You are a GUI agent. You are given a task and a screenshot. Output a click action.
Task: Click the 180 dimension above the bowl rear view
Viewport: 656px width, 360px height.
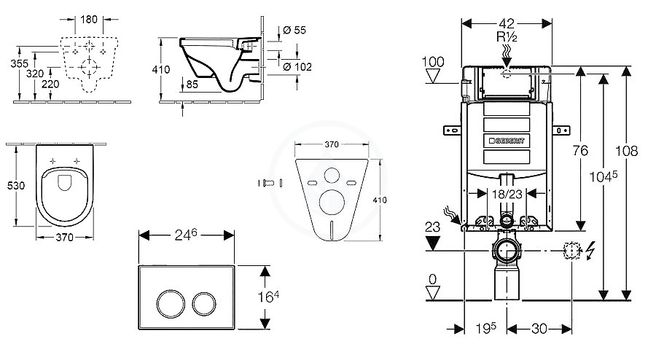89,19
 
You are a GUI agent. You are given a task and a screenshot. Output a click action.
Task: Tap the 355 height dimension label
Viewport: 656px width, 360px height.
19,63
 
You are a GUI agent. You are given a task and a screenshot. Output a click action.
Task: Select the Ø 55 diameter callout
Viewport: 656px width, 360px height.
294,30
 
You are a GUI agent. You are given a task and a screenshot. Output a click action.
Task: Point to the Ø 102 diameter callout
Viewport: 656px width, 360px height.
297,66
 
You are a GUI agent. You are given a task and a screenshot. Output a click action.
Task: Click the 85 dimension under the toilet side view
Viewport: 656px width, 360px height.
192,85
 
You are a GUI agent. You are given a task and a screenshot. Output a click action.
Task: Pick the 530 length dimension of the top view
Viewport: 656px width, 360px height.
16,185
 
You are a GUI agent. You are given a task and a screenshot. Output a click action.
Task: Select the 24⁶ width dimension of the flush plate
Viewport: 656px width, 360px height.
186,235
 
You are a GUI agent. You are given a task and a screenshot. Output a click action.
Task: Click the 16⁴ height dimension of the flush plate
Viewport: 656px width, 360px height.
268,297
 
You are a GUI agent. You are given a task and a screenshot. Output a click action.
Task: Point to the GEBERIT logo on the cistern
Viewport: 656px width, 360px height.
507,141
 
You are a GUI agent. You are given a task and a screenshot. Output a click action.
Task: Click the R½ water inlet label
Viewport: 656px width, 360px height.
507,36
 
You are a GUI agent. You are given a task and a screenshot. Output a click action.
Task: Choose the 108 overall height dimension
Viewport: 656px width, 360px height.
626,151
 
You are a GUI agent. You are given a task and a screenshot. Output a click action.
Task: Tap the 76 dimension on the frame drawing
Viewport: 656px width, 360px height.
580,150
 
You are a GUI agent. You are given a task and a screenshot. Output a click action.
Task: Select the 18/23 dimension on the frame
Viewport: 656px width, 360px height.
507,194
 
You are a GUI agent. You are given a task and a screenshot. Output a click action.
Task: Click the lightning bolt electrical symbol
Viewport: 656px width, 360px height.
590,251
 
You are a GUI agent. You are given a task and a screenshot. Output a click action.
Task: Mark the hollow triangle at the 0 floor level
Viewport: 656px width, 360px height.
433,292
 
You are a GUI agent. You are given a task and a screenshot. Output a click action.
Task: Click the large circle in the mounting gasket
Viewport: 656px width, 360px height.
332,202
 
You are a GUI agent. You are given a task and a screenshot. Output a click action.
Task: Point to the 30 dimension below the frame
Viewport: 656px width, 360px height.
539,329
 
